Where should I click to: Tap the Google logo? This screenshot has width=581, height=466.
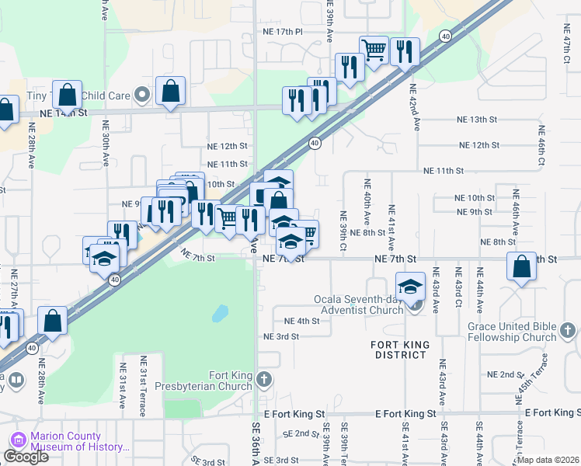26,457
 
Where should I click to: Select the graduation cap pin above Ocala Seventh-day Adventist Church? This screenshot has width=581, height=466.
410,285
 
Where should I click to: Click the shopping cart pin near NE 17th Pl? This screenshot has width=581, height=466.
374,50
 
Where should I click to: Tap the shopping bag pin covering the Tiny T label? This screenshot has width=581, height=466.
68,95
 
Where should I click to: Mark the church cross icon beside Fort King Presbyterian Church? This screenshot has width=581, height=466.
264,380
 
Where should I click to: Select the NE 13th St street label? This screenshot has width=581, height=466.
477,119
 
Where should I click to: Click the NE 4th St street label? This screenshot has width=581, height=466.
302,321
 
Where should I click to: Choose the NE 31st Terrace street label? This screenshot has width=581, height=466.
144,385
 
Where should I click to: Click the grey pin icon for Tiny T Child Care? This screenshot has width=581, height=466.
141,96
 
